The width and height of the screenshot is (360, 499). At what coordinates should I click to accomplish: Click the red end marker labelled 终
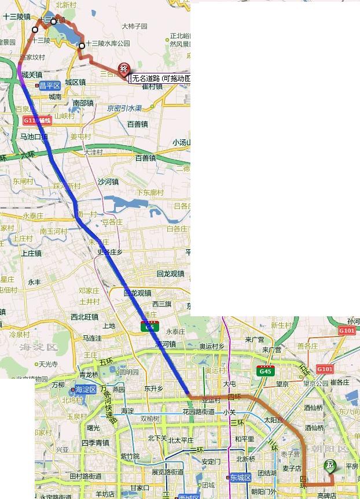point(123,69)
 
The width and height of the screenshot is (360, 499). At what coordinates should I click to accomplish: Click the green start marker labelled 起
point(330,465)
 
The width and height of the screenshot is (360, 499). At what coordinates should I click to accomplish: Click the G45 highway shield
point(266,371)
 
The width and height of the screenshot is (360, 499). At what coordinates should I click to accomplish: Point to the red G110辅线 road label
point(38,120)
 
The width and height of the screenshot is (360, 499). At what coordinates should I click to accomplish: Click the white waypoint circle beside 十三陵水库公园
point(82,46)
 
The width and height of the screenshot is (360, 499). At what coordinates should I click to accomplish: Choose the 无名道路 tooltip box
point(159,78)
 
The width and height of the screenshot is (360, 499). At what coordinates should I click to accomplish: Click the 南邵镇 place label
point(84,103)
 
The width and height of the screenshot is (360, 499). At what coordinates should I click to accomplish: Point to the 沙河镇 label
point(108,182)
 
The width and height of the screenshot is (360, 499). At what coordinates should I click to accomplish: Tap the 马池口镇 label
point(34,137)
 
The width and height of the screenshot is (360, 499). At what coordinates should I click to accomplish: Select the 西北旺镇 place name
point(85,317)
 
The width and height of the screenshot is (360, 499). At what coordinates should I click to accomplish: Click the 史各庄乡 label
point(110,252)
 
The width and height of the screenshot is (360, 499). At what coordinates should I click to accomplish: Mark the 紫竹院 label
point(130,456)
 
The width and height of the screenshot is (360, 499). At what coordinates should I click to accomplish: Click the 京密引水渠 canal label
point(124,108)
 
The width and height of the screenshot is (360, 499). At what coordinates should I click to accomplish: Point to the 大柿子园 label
point(134,27)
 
